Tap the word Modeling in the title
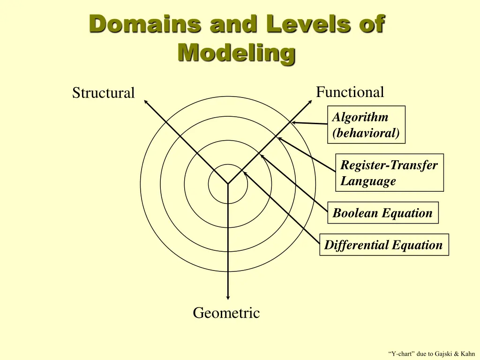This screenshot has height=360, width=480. (236, 53)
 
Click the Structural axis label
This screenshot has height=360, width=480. (103, 93)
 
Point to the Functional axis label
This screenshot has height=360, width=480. (350, 92)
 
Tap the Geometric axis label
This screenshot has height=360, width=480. (226, 313)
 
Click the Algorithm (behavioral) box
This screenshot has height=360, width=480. (366, 125)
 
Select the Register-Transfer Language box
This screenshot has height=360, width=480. (389, 172)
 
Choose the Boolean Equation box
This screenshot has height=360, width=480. (382, 213)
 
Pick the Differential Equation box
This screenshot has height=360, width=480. (383, 245)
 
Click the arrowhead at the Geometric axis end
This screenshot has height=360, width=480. (228, 297)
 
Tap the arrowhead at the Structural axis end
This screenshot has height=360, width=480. (145, 101)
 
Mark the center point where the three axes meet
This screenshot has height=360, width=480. (228, 183)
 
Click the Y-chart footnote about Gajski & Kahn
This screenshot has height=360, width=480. (431, 353)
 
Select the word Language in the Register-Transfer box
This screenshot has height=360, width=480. (368, 181)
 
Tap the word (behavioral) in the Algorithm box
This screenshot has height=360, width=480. (366, 133)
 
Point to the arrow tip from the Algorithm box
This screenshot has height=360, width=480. (292, 123)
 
